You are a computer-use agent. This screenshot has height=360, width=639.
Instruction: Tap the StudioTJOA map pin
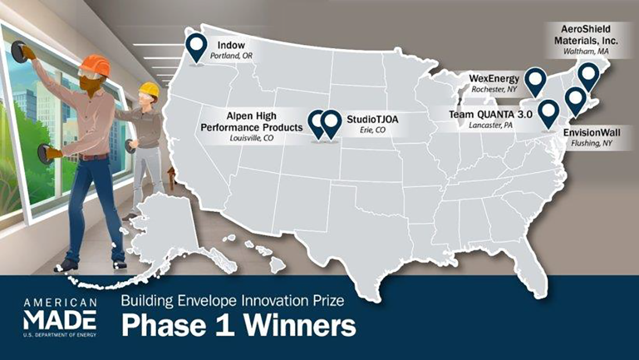point(331,123)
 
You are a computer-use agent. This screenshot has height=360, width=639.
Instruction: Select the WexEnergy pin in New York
point(534,80)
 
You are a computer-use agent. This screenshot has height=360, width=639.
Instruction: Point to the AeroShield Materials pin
point(589,75)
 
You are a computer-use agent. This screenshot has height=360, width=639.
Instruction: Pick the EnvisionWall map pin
point(575,99)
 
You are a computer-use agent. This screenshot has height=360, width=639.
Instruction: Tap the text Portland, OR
point(233,57)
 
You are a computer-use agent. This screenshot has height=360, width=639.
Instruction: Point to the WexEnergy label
point(494,78)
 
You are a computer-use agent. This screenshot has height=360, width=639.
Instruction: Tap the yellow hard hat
point(150,89)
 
